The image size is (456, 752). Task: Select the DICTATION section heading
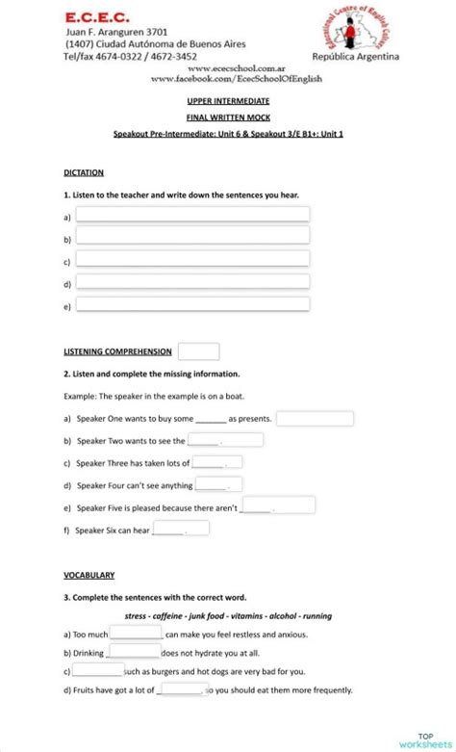(84, 172)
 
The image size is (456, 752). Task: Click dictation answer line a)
(192, 215)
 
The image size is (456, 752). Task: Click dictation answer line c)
(192, 259)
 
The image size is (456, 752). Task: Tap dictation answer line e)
(192, 304)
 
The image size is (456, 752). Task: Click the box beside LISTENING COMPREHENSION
(198, 351)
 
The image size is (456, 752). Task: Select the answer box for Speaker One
(315, 419)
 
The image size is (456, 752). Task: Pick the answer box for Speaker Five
(278, 506)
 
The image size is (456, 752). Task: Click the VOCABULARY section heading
(89, 575)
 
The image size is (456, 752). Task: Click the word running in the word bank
(317, 615)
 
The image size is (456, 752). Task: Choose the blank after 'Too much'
(136, 634)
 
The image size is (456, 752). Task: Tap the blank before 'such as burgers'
(98, 670)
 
